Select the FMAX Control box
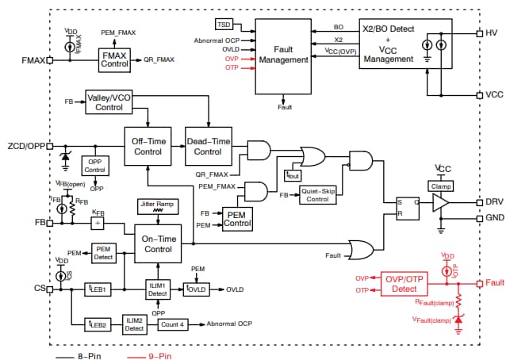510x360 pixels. point(117,59)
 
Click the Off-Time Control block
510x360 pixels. point(148,145)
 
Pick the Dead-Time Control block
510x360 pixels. point(208,145)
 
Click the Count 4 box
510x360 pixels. point(172,324)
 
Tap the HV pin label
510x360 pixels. point(492,33)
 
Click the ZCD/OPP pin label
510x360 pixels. point(25,146)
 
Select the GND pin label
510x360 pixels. point(494,217)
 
